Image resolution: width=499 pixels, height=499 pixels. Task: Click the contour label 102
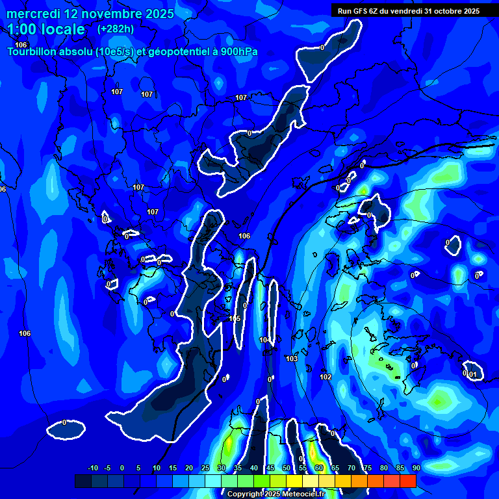(326, 377)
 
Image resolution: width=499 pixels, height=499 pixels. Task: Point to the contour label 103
(292, 359)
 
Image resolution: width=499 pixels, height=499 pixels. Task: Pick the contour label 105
(235, 318)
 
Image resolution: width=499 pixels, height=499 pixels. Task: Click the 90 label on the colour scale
(416, 468)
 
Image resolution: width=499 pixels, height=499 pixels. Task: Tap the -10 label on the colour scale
(92, 468)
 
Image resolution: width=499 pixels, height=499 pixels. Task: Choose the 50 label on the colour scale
(287, 468)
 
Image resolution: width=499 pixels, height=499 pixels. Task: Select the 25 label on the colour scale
(205, 468)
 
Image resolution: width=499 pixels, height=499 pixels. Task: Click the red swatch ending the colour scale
(408, 481)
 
